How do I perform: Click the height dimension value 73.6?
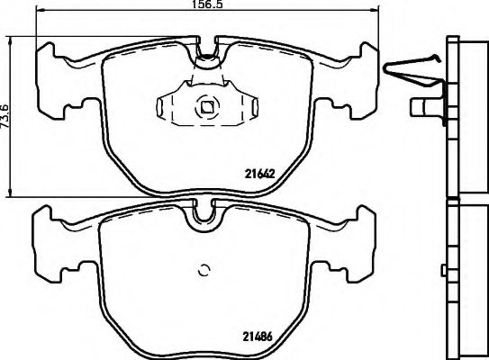pyautogui.click(x=5, y=114)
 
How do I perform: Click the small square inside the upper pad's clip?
pyautogui.click(x=206, y=109)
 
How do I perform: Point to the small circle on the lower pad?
pyautogui.click(x=204, y=269)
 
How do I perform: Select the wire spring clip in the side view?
pyautogui.click(x=412, y=67)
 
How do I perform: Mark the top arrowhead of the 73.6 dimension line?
pyautogui.click(x=10, y=39)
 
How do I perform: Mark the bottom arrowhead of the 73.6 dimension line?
pyautogui.click(x=10, y=194)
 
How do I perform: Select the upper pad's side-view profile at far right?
pyautogui.click(x=465, y=117)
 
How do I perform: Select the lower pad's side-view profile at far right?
pyautogui.click(x=466, y=279)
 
